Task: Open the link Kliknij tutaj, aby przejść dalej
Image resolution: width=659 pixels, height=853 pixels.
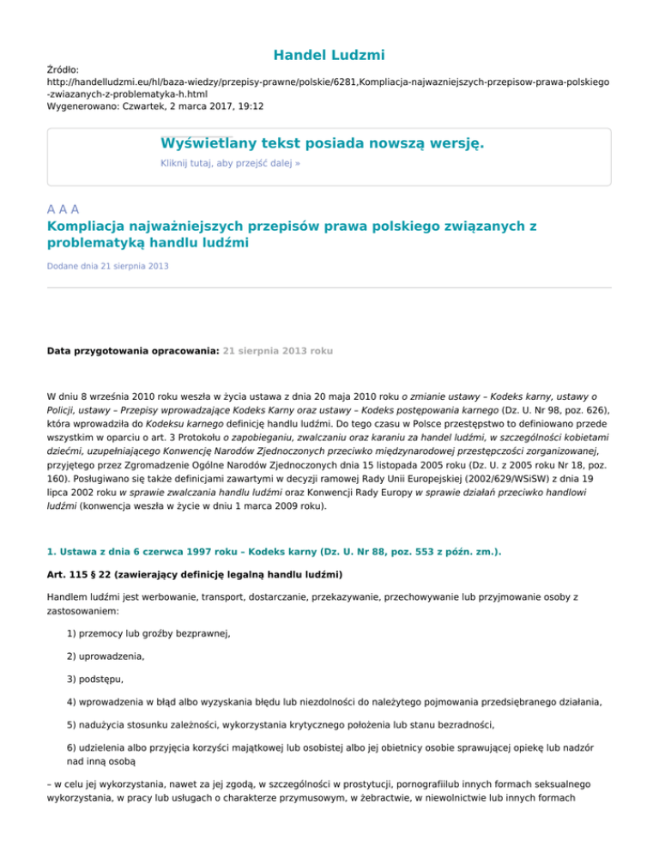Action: [230, 162]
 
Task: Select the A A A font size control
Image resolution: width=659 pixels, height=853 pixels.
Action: [63, 209]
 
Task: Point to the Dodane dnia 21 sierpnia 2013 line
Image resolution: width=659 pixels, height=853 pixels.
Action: [107, 267]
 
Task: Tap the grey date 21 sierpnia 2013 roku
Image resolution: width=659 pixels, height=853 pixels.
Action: [278, 351]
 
